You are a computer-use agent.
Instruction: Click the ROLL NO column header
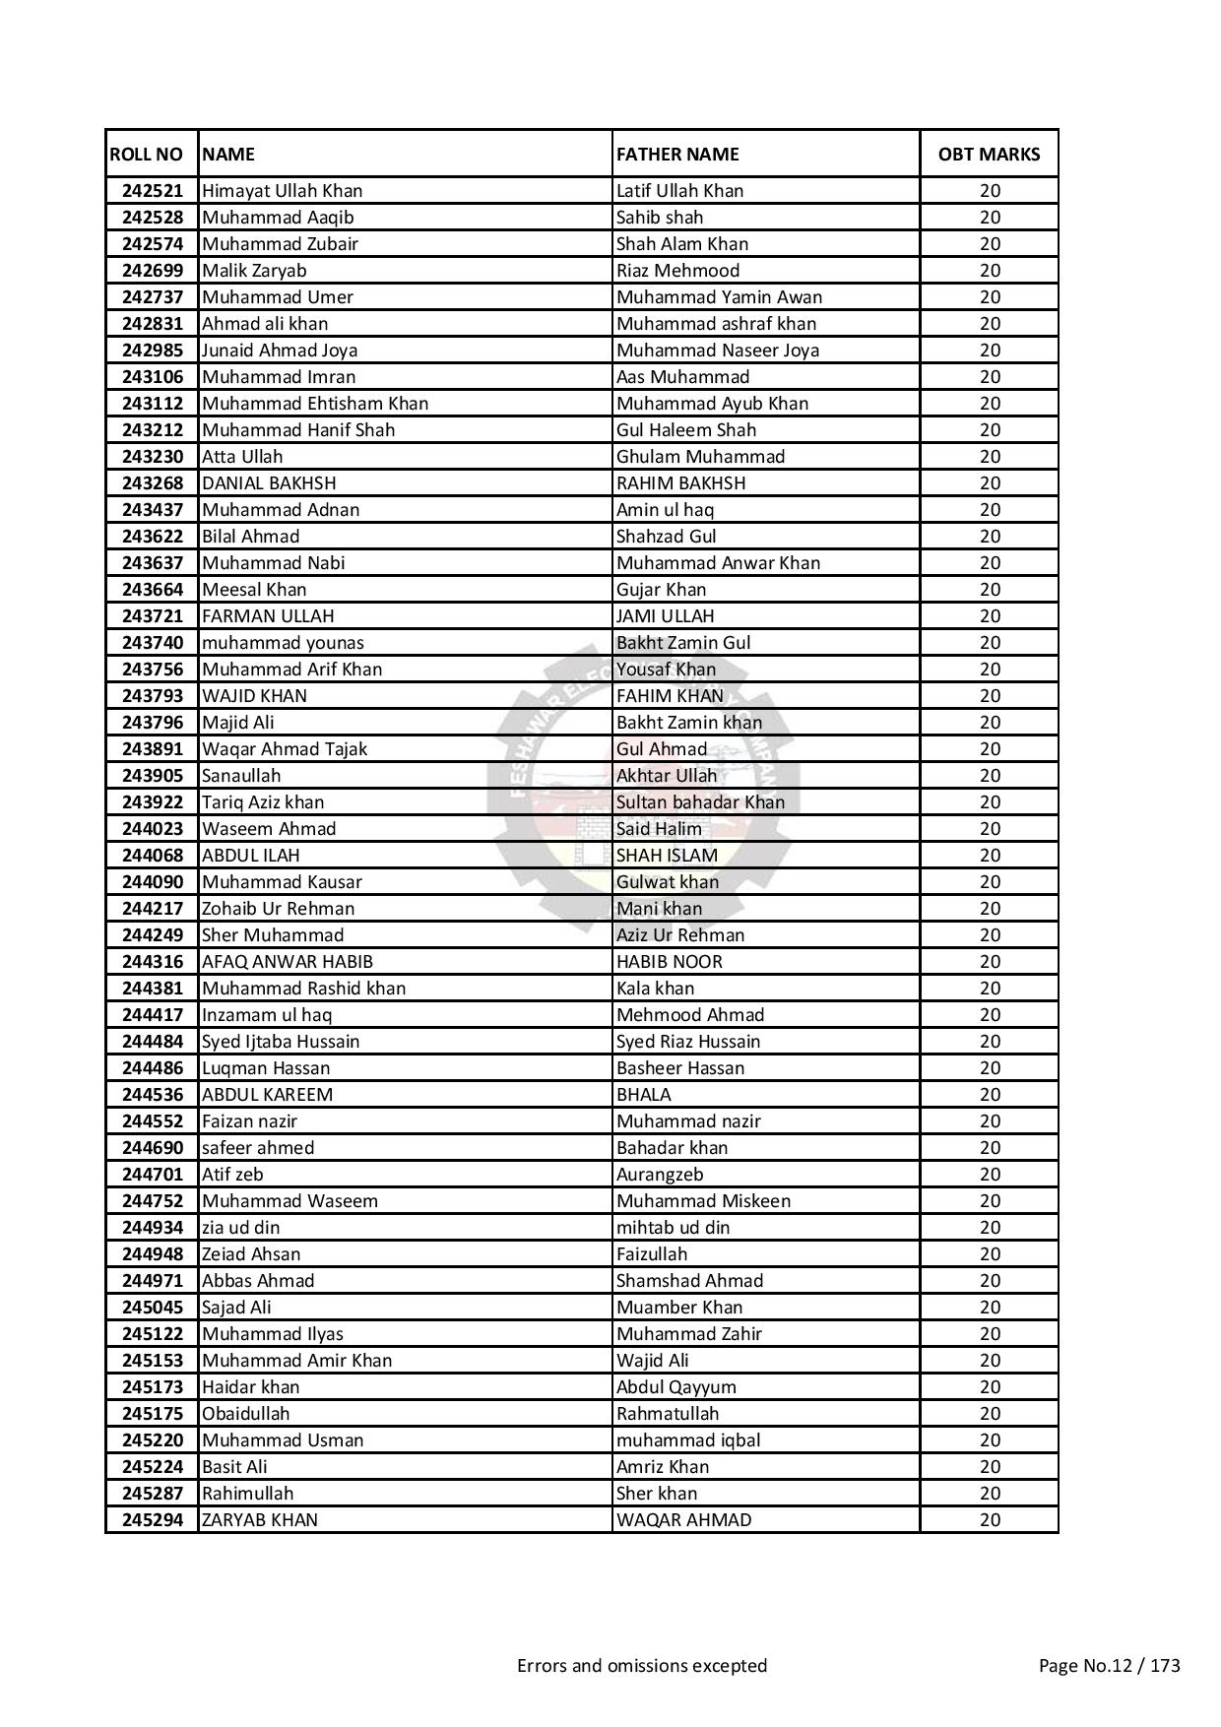click(147, 155)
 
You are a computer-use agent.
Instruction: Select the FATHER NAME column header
click(677, 155)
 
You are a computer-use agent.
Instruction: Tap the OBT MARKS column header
click(989, 155)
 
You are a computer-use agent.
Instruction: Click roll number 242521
click(153, 191)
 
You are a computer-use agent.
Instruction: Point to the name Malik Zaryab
click(254, 271)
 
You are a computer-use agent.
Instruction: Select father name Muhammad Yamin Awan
click(719, 297)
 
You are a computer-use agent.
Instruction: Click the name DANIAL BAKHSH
click(269, 483)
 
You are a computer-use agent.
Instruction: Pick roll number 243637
click(153, 563)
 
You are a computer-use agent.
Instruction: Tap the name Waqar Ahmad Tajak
click(285, 749)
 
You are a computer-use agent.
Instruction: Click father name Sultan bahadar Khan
click(700, 802)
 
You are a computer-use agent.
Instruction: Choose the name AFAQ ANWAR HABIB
click(288, 962)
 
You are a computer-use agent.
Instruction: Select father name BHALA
click(644, 1095)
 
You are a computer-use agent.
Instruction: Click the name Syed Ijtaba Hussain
click(281, 1042)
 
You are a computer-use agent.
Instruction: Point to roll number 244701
click(153, 1175)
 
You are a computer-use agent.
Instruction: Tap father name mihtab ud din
click(673, 1228)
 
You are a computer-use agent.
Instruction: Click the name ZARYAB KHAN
click(260, 1520)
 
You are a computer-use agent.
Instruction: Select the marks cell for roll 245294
click(989, 1520)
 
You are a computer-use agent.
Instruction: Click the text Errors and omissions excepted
click(642, 1666)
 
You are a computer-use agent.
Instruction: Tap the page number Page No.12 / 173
click(1109, 1666)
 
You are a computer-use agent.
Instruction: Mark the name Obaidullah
click(246, 1414)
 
